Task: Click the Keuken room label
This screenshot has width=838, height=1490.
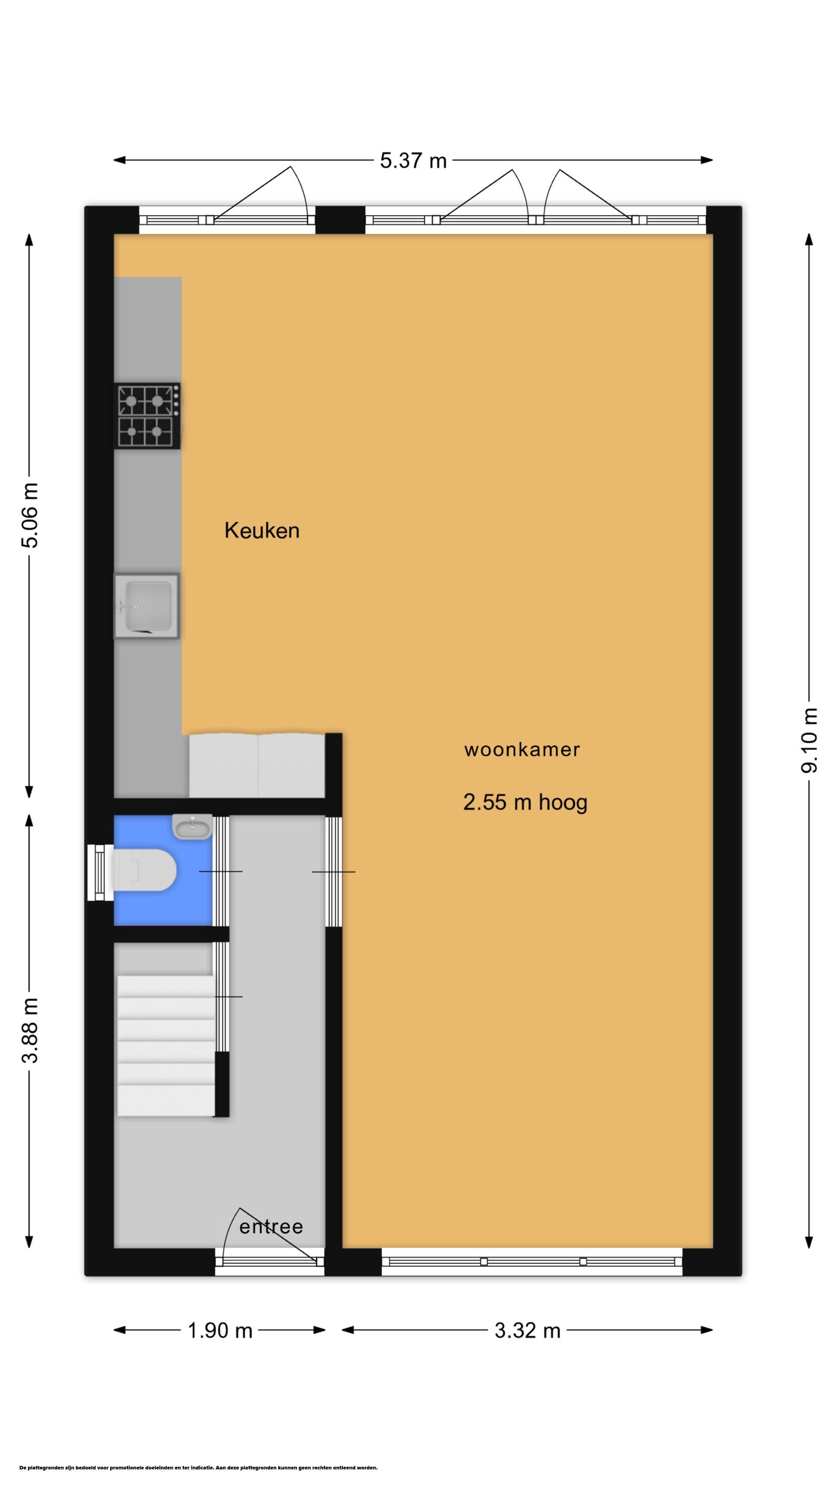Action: [x=262, y=530]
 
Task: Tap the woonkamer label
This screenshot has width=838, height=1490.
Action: [x=521, y=750]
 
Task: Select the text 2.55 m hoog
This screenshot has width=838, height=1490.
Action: [x=525, y=802]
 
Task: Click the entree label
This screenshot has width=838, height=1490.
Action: [x=271, y=1227]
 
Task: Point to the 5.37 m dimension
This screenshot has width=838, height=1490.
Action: [x=413, y=160]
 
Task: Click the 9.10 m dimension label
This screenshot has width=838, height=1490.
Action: [x=810, y=740]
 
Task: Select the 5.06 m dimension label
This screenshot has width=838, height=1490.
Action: [x=29, y=515]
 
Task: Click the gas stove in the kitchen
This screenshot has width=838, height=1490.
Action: [x=147, y=416]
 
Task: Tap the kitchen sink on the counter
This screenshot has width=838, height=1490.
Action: [x=146, y=606]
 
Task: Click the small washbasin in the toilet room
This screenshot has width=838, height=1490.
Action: [x=192, y=827]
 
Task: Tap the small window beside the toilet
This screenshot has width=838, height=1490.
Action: [x=100, y=873]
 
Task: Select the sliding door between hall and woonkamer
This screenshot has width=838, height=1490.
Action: [x=333, y=871]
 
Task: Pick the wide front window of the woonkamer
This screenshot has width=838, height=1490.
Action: [x=532, y=1261]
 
